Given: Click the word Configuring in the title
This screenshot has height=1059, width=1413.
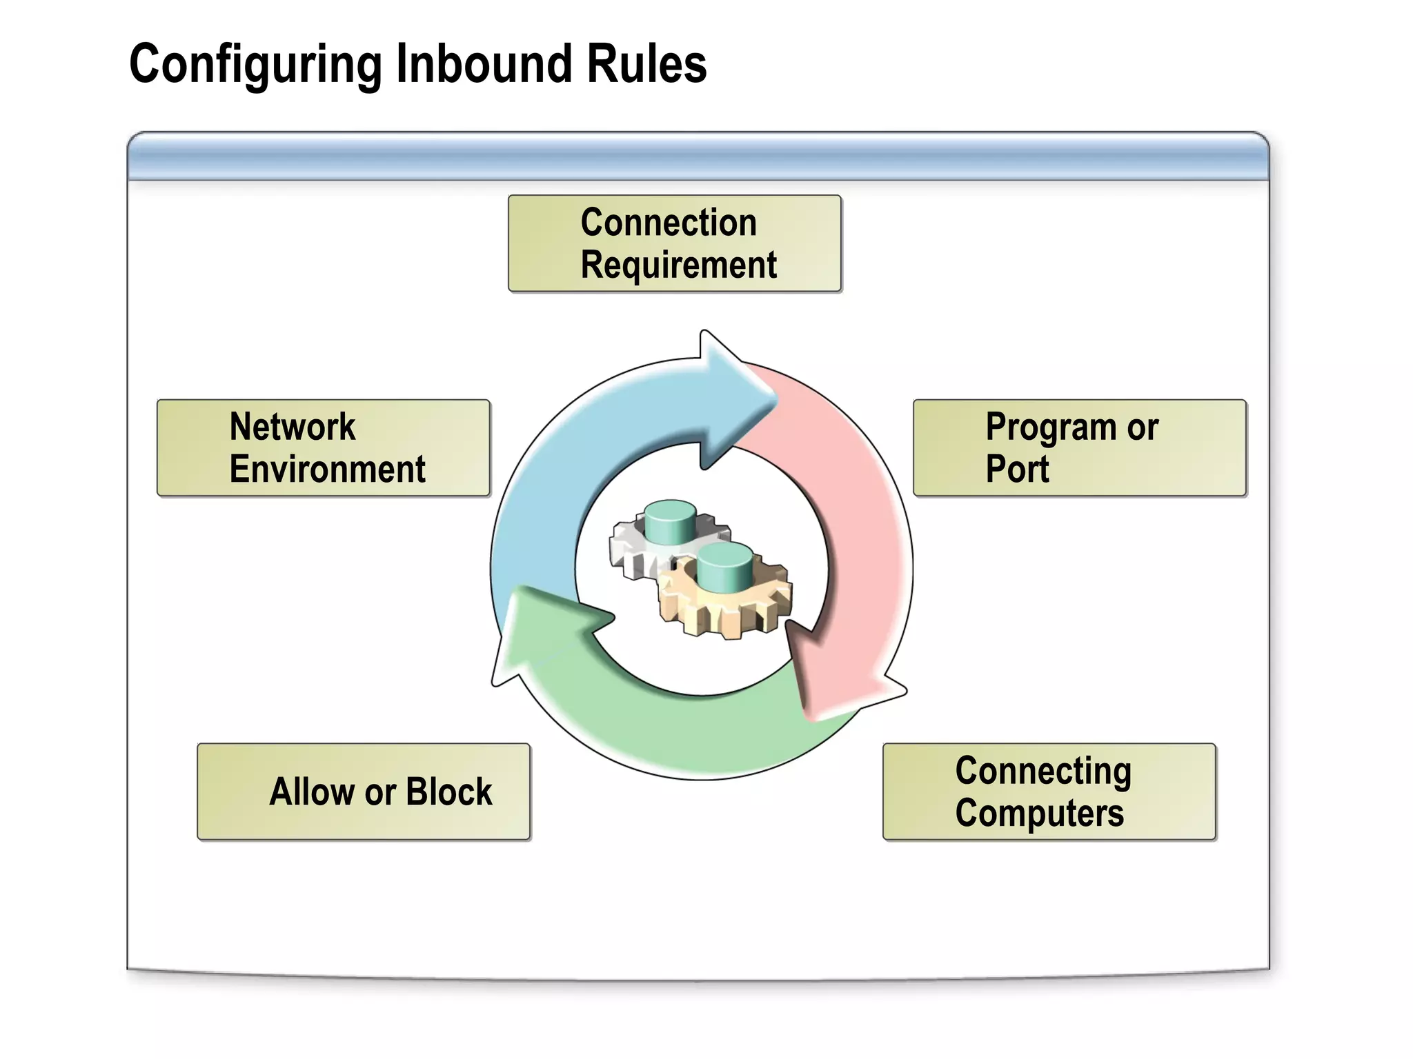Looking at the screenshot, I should coord(255,65).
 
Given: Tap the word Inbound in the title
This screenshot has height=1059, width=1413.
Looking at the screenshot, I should coord(484,63).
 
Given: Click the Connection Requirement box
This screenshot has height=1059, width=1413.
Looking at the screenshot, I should coord(674,243).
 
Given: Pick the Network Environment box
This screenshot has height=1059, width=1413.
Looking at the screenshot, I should coord(323,447).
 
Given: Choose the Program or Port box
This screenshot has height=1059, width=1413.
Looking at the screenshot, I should coord(1079,447).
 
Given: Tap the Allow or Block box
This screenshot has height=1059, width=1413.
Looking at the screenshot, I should coord(363,791).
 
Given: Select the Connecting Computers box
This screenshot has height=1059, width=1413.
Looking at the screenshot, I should coord(1049,791).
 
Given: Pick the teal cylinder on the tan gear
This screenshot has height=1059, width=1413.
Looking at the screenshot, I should coord(724,567).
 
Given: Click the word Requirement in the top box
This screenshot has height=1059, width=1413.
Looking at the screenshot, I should coord(678,265).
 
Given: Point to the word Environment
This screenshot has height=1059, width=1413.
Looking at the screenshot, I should coord(327,470).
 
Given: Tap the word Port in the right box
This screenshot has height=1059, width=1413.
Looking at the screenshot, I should coord(1016,470).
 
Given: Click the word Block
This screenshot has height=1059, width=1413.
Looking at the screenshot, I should coord(448,791).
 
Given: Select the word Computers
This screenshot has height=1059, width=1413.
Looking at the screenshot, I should coord(1039,813).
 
